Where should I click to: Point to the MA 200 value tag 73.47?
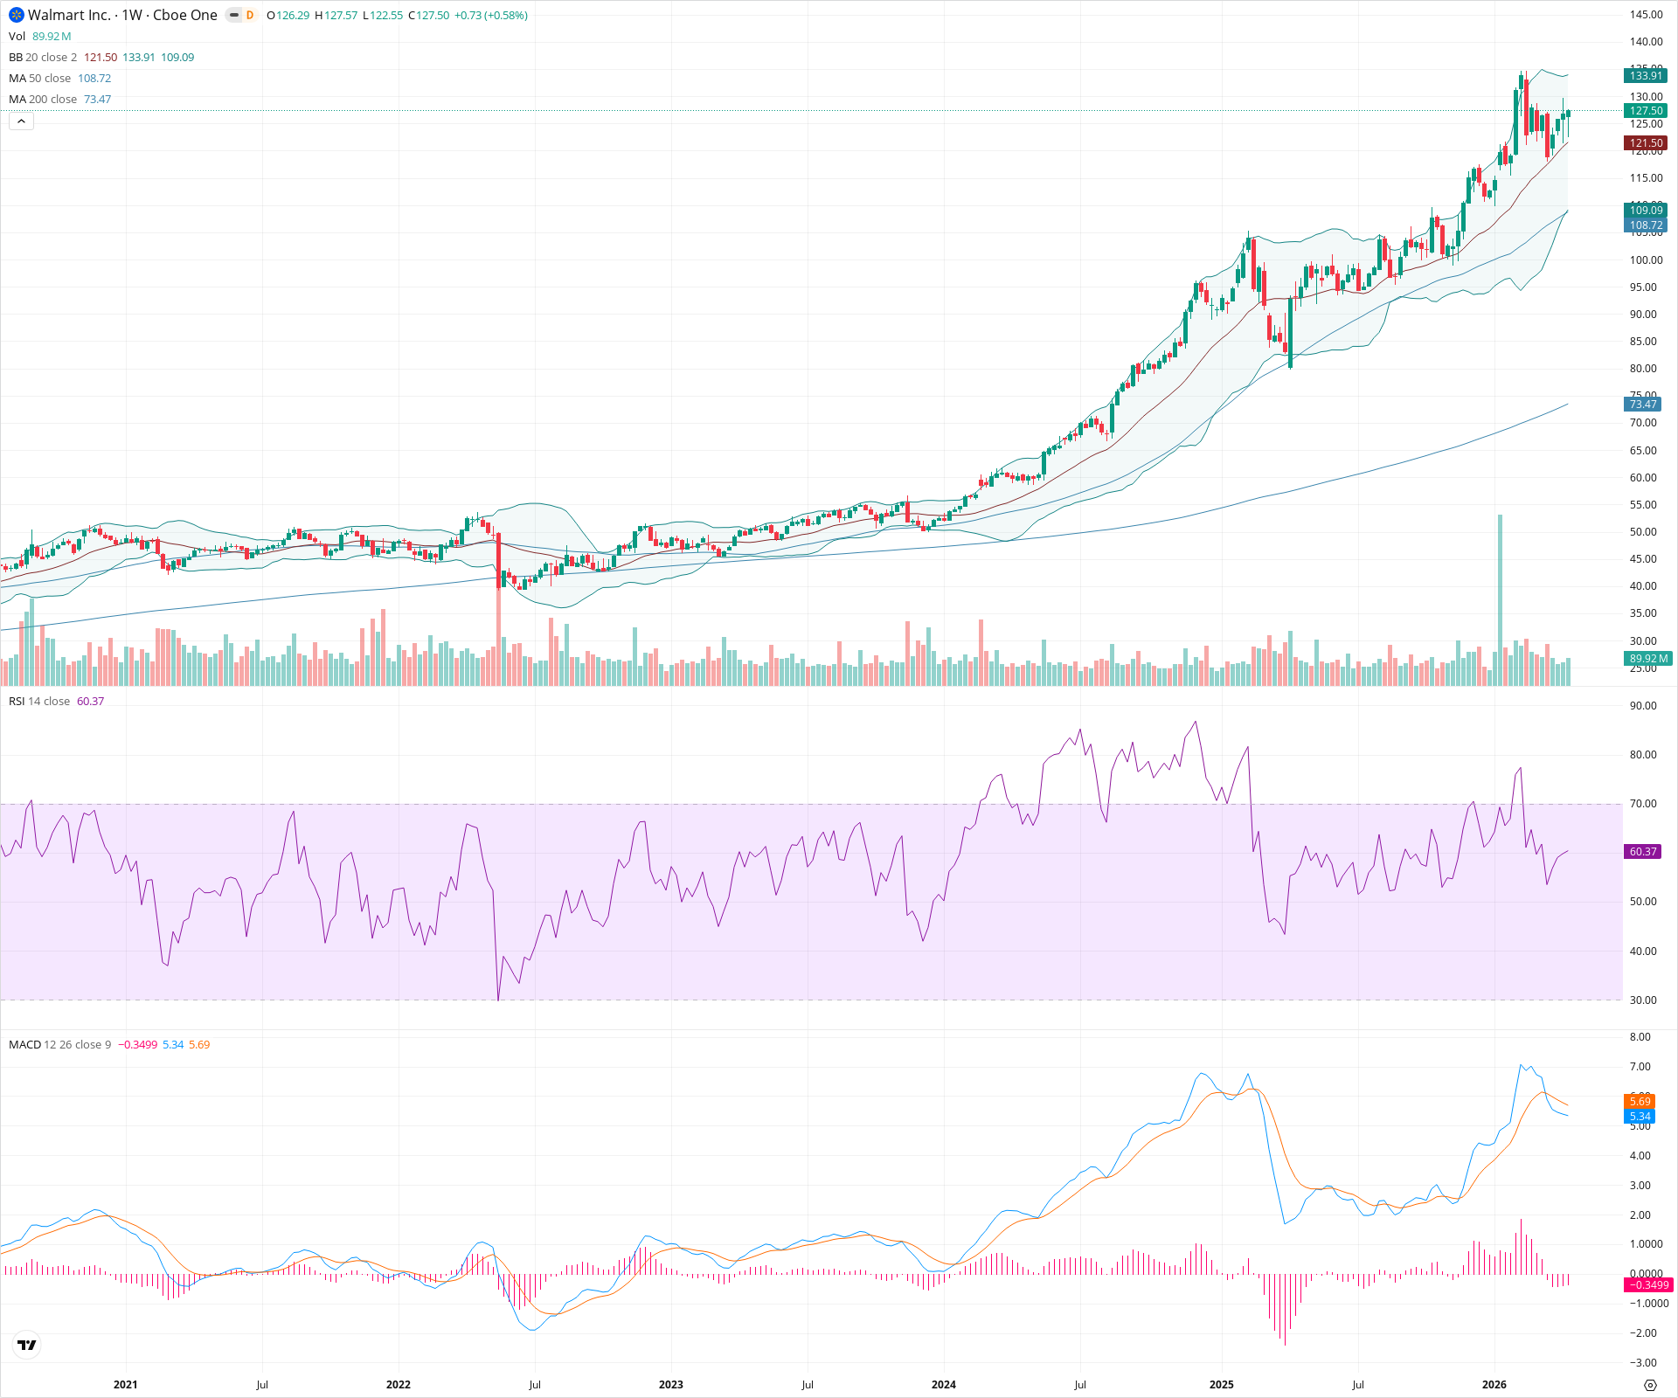(1643, 405)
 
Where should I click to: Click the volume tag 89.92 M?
(1648, 659)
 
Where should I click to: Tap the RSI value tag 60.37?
(1643, 852)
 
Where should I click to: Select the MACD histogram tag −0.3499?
(1647, 1285)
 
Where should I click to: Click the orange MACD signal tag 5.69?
(1640, 1102)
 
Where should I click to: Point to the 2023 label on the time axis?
(671, 1385)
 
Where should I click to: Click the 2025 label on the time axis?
(1221, 1385)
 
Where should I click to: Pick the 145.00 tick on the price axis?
(1646, 15)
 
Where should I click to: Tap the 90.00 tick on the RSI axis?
(1643, 706)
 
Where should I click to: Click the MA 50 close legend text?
(39, 79)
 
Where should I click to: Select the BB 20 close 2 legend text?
(43, 58)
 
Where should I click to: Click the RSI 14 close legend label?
(39, 702)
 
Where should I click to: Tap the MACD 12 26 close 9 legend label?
(59, 1045)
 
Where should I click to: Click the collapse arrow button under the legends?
(21, 121)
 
